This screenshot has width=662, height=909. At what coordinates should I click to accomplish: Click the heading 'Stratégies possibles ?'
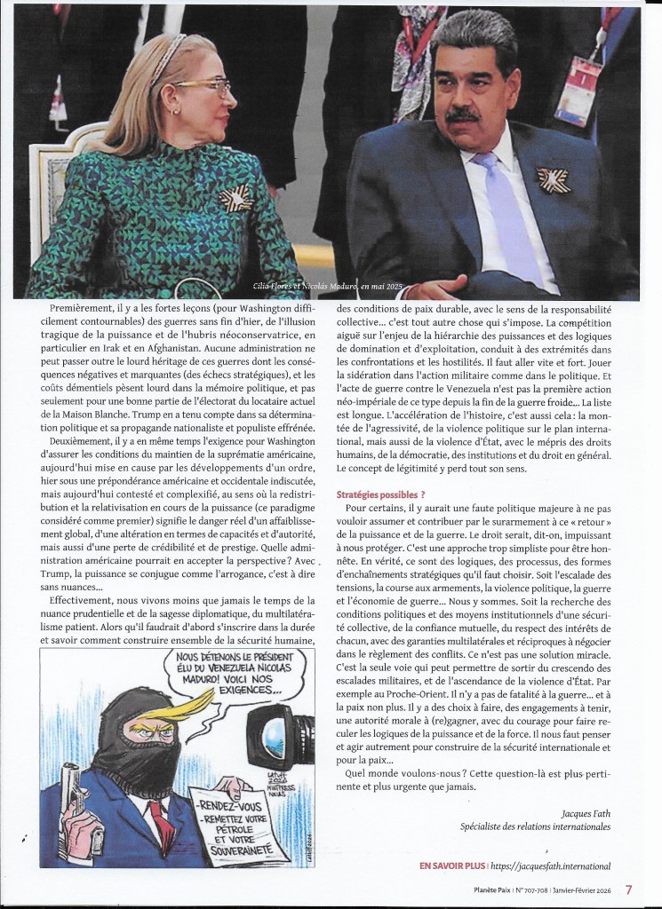[x=380, y=494]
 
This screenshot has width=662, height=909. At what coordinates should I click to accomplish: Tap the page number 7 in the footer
[x=628, y=889]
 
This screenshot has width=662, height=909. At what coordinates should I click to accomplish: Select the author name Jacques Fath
[x=586, y=812]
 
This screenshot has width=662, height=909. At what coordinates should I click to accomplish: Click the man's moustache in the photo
[x=463, y=115]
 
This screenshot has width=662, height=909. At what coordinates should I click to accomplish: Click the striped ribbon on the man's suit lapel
[x=553, y=179]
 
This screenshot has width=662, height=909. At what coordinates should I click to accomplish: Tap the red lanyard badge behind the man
[x=578, y=89]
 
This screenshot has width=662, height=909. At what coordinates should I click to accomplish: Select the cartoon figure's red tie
[x=163, y=821]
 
